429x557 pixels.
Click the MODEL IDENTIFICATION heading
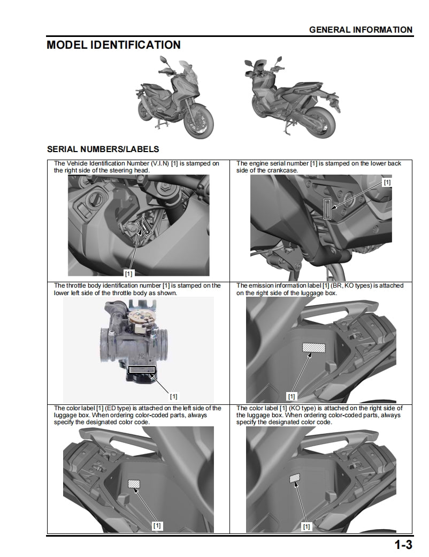point(113,45)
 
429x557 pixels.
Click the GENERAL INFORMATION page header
point(361,30)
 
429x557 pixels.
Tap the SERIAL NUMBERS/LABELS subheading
point(103,149)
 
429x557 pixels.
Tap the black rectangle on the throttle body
point(142,370)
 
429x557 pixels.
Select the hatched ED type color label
point(134,484)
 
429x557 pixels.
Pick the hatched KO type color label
point(294,478)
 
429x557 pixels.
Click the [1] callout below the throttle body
point(173,397)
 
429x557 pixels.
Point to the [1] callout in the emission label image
point(292,397)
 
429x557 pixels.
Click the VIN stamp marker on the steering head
point(144,227)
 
